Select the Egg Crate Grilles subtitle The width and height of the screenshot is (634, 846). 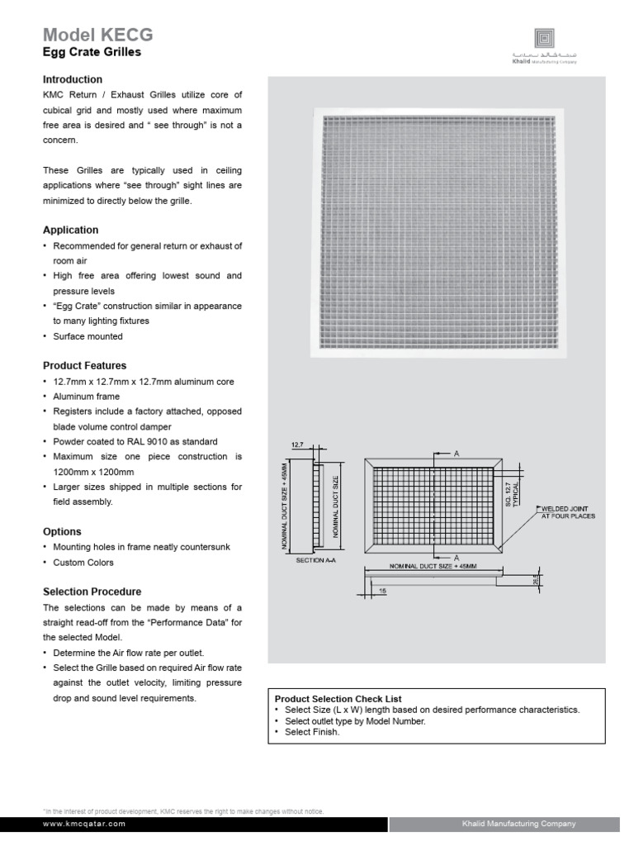click(x=92, y=52)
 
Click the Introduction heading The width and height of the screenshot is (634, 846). click(x=73, y=79)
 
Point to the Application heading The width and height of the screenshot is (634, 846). click(x=70, y=230)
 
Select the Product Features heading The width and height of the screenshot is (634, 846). click(x=84, y=365)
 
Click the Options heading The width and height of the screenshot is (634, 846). click(x=62, y=531)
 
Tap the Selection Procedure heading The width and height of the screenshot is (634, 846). click(x=92, y=592)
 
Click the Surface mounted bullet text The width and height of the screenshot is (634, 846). click(x=88, y=336)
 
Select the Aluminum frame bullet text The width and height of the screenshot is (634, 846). click(x=86, y=397)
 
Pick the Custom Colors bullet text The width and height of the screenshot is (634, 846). click(x=83, y=563)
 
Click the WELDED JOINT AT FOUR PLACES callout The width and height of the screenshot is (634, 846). click(x=567, y=512)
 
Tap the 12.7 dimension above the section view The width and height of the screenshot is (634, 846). click(x=298, y=444)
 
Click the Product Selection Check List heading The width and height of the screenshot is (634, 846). click(x=338, y=699)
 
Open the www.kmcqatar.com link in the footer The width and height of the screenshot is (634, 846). click(x=84, y=824)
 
